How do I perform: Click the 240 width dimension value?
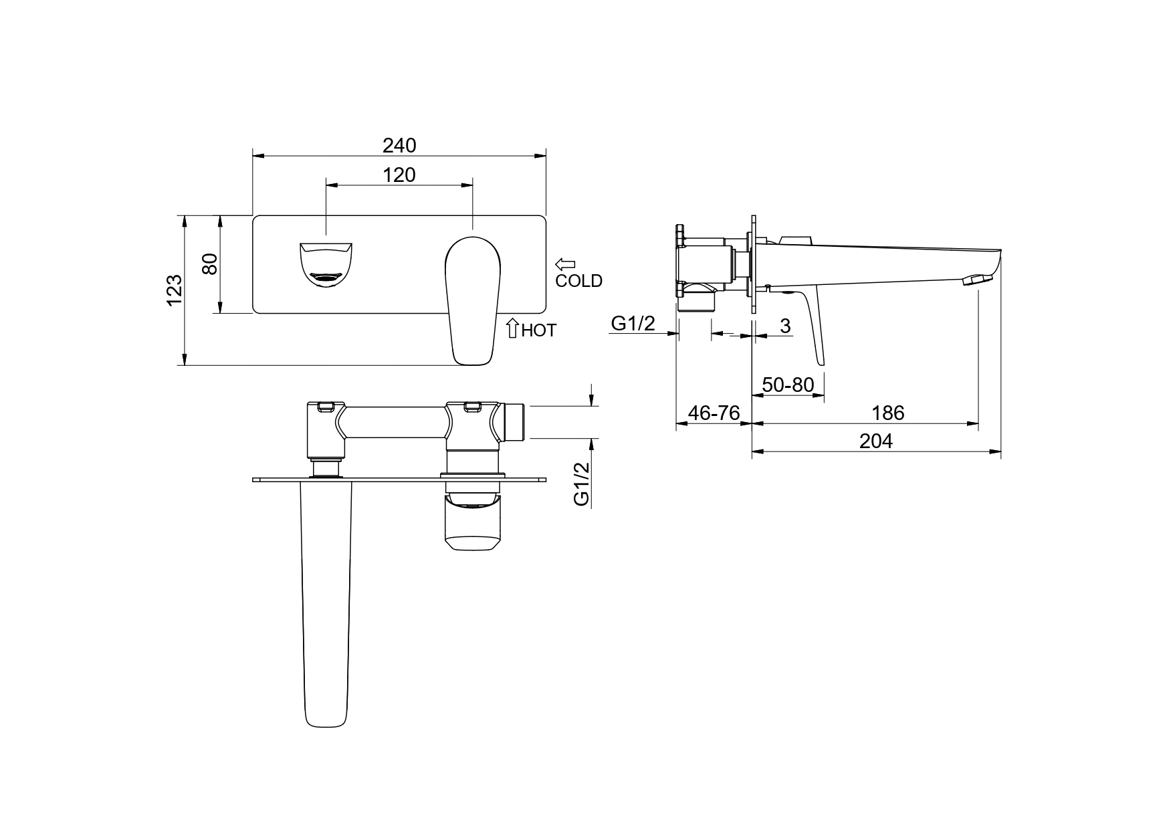(x=399, y=145)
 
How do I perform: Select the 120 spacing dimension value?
(x=399, y=175)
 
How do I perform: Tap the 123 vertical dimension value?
(x=174, y=290)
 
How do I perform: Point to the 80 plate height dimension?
(x=210, y=264)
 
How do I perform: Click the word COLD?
(x=578, y=281)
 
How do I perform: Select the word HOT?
(x=538, y=330)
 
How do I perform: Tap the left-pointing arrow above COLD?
(x=565, y=264)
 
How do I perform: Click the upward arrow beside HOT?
(x=512, y=328)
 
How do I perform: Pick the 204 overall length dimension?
(x=876, y=441)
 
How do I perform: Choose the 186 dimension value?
(x=888, y=413)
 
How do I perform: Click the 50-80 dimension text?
(x=788, y=385)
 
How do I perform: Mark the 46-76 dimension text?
(x=714, y=413)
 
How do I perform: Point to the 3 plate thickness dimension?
(x=786, y=326)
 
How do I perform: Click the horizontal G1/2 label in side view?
(x=633, y=324)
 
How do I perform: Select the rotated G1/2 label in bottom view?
(x=581, y=484)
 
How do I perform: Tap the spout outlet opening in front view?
(x=326, y=264)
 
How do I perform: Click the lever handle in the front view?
(x=472, y=300)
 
